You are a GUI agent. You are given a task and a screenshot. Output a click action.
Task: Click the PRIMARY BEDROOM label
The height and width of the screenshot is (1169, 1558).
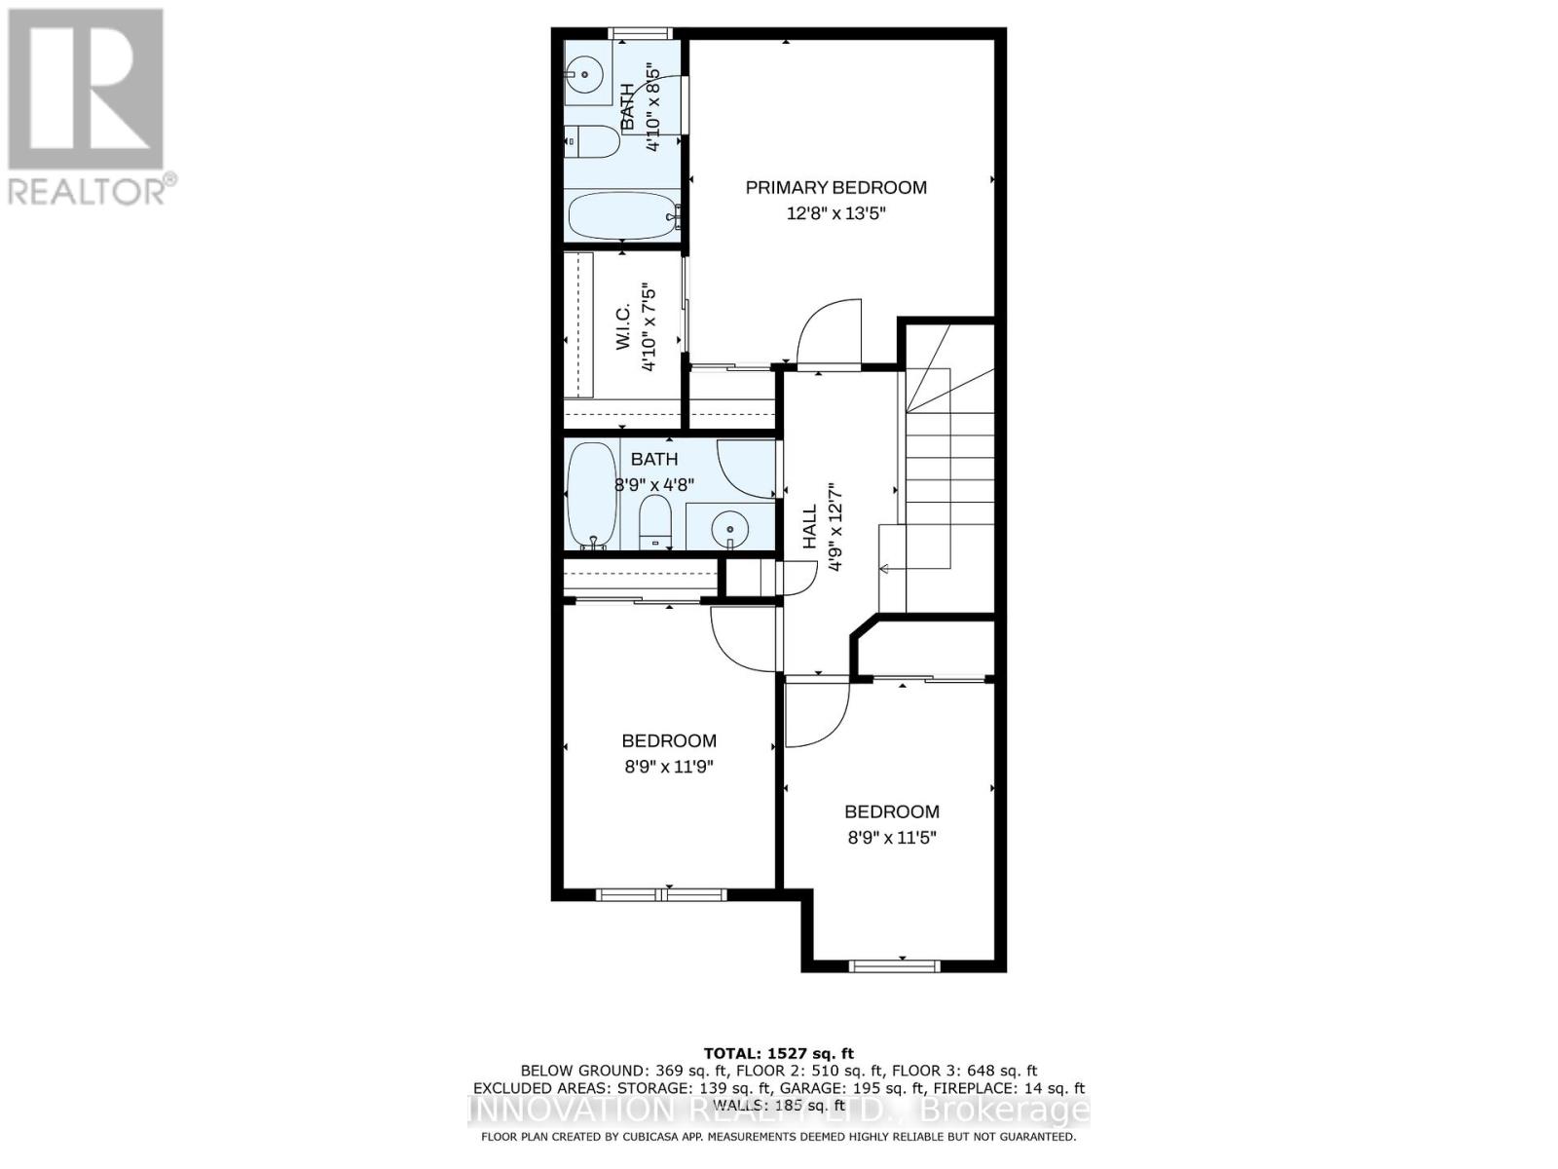(x=835, y=187)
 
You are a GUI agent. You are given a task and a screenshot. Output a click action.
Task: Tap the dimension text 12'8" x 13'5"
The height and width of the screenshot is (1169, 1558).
(x=835, y=213)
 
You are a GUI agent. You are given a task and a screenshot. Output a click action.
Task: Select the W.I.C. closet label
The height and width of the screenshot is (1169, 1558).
(x=623, y=326)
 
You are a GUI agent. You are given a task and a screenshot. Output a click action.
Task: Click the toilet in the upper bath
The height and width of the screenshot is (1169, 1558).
(x=592, y=142)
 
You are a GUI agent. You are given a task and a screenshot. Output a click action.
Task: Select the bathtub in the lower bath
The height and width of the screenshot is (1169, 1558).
(x=591, y=495)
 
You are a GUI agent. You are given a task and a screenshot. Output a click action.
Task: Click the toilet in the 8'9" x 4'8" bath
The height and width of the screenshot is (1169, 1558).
(x=654, y=522)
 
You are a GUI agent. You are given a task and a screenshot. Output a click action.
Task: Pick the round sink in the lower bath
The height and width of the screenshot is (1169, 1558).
(x=728, y=530)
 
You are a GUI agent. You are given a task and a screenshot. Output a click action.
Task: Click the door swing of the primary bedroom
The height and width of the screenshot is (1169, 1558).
(x=828, y=331)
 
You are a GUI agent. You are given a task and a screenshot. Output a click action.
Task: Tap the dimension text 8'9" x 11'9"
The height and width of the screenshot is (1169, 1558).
(x=669, y=767)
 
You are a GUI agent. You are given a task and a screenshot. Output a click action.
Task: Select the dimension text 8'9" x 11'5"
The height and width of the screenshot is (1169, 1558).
(x=891, y=837)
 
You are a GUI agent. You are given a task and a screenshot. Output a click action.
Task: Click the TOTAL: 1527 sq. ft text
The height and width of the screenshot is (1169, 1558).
(x=778, y=1053)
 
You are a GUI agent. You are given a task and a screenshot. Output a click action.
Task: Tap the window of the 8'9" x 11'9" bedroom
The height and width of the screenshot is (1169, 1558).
(x=662, y=893)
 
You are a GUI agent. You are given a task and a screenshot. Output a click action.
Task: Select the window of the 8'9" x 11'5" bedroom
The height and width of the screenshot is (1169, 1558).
(x=894, y=965)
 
